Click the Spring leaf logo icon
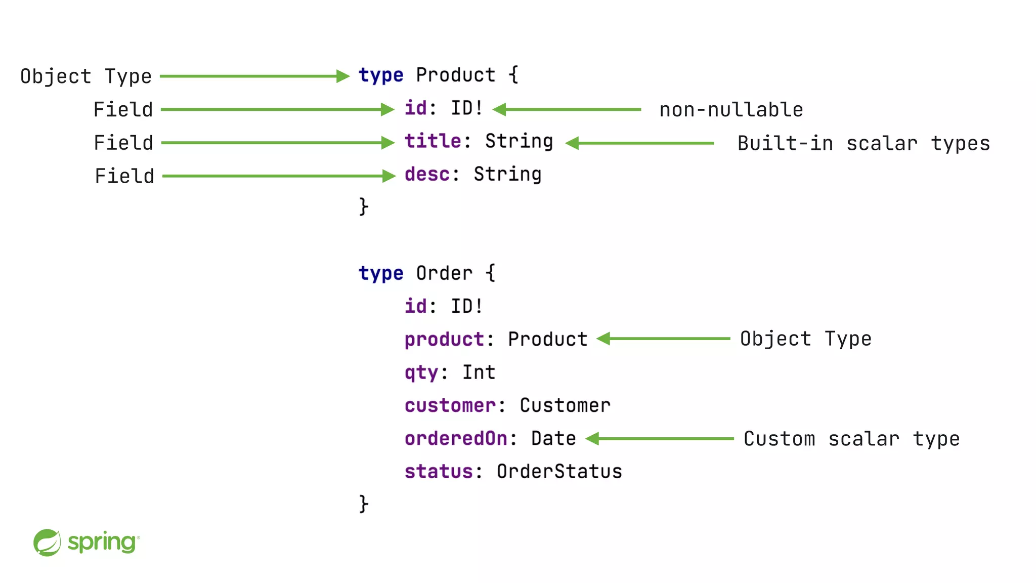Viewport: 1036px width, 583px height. tap(47, 543)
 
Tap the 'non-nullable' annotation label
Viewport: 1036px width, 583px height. tap(731, 110)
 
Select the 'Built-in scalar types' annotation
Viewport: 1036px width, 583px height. tap(863, 143)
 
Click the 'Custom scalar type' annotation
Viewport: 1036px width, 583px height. tap(851, 439)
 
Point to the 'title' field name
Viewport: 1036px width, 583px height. tap(433, 141)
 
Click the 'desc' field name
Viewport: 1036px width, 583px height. tap(427, 174)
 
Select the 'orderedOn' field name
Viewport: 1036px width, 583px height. tap(455, 439)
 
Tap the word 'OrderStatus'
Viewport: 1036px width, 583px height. tap(559, 472)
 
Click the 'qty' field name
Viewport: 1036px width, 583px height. tap(421, 373)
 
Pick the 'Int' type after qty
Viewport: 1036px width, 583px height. tap(479, 372)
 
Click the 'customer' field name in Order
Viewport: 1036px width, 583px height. tap(450, 406)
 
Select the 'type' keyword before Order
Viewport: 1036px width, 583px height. tap(380, 274)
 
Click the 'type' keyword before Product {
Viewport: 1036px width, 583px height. tap(380, 75)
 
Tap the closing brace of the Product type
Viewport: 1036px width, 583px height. tap(364, 206)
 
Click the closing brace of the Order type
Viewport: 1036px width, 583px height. tap(364, 504)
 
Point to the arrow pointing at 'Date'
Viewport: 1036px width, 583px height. tap(660, 439)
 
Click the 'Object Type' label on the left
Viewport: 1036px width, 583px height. tap(86, 76)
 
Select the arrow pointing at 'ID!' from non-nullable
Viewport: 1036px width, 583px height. tap(567, 109)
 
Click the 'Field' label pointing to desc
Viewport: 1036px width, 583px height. tap(124, 176)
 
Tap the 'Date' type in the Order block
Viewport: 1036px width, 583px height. tap(553, 439)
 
